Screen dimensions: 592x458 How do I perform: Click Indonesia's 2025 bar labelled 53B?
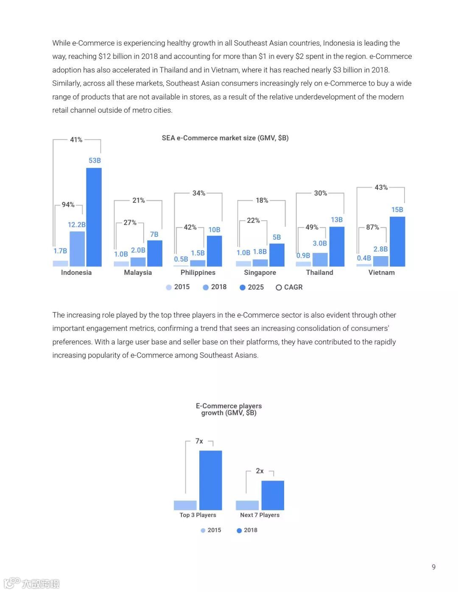(94, 217)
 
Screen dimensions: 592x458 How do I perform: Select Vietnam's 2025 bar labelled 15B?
(397, 241)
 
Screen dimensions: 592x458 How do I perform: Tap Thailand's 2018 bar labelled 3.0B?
(320, 260)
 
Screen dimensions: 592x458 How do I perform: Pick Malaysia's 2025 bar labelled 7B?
(154, 253)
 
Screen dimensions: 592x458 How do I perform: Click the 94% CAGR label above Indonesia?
(68, 205)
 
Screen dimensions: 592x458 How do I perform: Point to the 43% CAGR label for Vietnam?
(381, 187)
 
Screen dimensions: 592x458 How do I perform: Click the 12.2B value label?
(77, 224)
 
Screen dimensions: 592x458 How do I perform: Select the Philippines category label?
(198, 272)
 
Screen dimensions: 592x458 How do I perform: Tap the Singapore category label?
(260, 272)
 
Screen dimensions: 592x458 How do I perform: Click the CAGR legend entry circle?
(279, 288)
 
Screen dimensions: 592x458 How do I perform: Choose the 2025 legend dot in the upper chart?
(243, 288)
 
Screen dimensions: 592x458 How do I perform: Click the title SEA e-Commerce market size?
(225, 138)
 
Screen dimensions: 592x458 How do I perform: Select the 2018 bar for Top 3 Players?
(210, 480)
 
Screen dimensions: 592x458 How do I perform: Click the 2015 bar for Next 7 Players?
(247, 505)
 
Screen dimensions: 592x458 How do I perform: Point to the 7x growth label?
(199, 441)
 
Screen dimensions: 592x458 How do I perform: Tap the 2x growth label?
(260, 471)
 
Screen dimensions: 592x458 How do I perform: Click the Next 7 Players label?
(260, 515)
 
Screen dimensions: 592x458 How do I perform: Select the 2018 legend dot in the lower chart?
(239, 530)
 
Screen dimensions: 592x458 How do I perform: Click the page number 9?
(433, 567)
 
